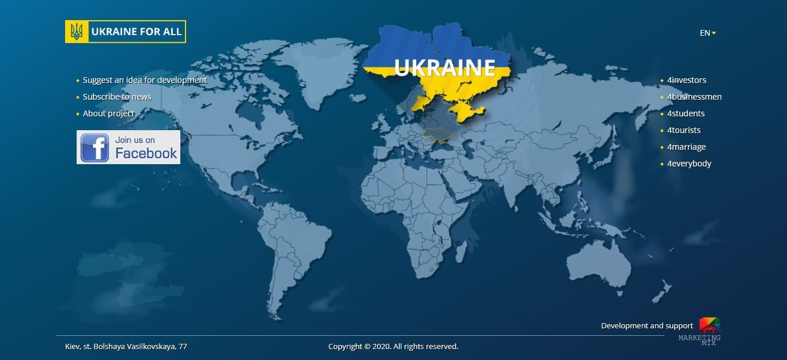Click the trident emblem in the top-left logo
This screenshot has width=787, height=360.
coord(77,32)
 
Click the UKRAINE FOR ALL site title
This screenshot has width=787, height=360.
coord(136,32)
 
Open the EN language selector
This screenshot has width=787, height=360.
coord(707,33)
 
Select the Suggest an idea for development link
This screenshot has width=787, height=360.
coord(145,80)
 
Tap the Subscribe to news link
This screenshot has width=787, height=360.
coord(117,97)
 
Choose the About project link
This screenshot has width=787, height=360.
coord(108,113)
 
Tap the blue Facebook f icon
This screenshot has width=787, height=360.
coord(95,147)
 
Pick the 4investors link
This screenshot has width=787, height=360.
coord(686,80)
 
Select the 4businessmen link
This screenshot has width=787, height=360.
coord(694,97)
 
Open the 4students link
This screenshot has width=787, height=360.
coord(686,113)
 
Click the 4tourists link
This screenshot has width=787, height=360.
coord(684,130)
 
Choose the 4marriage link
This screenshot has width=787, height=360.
coord(686,147)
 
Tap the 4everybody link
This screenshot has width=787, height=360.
coord(689,164)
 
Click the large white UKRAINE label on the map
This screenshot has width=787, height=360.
coord(445,67)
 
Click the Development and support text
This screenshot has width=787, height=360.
coord(647,325)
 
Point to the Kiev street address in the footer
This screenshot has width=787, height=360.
coord(126,346)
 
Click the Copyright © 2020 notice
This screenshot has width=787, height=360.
coord(393,346)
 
